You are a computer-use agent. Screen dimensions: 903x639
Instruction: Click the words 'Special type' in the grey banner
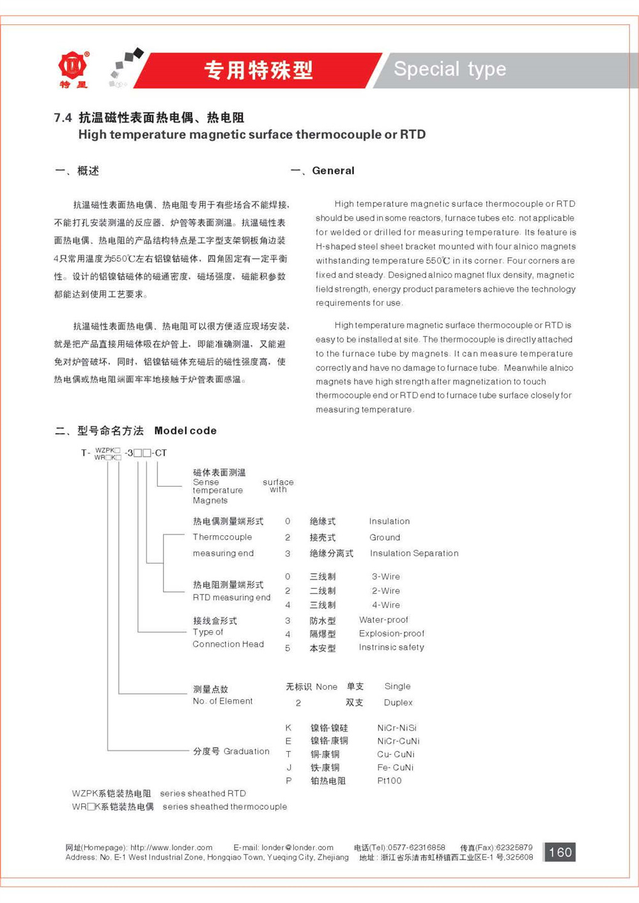pyautogui.click(x=450, y=69)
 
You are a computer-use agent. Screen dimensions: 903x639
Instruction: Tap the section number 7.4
pyautogui.click(x=63, y=118)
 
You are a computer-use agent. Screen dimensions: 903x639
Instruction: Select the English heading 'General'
pyautogui.click(x=333, y=171)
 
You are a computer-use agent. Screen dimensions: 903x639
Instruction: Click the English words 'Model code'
pyautogui.click(x=185, y=430)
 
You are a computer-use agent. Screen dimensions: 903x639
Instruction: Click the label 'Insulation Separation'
pyautogui.click(x=414, y=553)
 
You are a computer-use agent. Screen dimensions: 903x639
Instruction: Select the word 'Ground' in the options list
pyautogui.click(x=385, y=537)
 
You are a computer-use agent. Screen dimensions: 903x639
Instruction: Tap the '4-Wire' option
pyautogui.click(x=386, y=605)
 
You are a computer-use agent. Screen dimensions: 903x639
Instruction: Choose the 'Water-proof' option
pyautogui.click(x=383, y=619)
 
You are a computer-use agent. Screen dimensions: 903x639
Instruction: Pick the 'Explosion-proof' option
pyautogui.click(x=391, y=634)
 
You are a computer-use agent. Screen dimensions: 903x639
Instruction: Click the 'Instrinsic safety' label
pyautogui.click(x=391, y=647)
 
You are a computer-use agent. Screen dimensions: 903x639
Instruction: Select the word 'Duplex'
pyautogui.click(x=398, y=702)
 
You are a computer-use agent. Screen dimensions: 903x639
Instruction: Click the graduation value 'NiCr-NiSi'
pyautogui.click(x=397, y=727)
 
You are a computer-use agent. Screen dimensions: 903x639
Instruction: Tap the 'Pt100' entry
pyautogui.click(x=389, y=780)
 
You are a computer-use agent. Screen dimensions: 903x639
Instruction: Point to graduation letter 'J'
pyautogui.click(x=288, y=768)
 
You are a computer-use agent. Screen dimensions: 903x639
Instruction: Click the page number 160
pyautogui.click(x=560, y=852)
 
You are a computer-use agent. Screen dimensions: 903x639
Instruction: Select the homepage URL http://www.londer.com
pyautogui.click(x=171, y=847)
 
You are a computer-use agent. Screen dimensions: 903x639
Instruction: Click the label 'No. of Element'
pyautogui.click(x=222, y=701)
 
